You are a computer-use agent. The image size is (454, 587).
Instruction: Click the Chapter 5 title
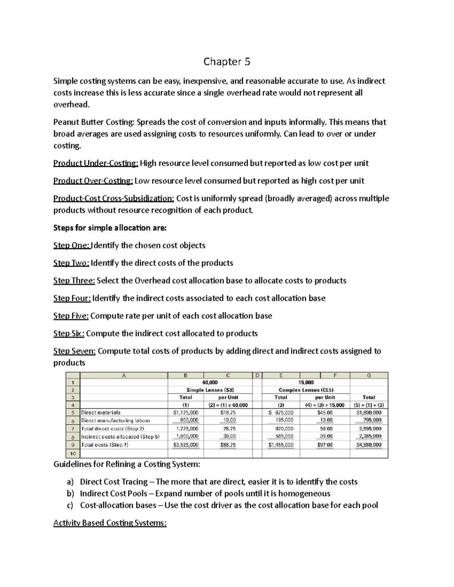(227, 62)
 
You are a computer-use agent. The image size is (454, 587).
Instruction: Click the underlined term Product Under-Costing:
(96, 163)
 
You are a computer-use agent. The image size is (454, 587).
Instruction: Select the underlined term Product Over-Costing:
(93, 181)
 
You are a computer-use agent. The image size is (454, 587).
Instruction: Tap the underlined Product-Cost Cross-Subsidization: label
(113, 198)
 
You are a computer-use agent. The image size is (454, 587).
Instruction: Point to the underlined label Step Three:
(74, 280)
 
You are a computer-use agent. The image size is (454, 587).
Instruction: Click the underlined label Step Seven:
(75, 351)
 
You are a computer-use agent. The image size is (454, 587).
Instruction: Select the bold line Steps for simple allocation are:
(110, 228)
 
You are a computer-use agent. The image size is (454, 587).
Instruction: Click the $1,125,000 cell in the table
(185, 413)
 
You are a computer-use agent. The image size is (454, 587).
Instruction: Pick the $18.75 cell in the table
(228, 413)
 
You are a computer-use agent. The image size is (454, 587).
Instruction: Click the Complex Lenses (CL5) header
(306, 390)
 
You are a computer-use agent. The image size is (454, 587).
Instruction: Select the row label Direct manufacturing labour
(116, 420)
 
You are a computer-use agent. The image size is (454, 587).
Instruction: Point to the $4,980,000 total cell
(368, 445)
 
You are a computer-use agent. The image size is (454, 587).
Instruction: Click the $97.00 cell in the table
(325, 445)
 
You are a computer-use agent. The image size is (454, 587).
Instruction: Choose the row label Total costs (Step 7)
(105, 445)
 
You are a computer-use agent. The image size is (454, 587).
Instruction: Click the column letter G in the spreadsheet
(368, 375)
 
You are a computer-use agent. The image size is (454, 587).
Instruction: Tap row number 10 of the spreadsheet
(73, 453)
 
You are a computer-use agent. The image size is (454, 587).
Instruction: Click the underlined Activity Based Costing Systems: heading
(110, 523)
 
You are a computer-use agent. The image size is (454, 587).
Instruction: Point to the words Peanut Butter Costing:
(93, 122)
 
